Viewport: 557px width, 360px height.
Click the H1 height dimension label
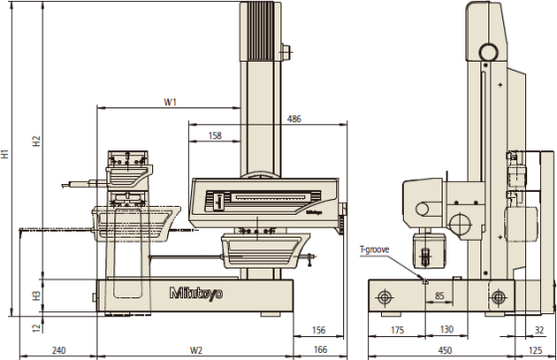[x=5, y=154]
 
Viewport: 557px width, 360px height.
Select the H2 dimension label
[x=37, y=141]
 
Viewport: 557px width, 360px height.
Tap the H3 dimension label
[x=37, y=295]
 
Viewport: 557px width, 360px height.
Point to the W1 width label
[x=170, y=102]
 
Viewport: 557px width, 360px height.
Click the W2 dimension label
[x=196, y=350]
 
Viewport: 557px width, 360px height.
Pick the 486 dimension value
[x=294, y=119]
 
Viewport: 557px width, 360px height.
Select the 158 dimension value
[x=215, y=135]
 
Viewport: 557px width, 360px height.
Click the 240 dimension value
[x=59, y=350]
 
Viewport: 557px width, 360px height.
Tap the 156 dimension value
[x=318, y=330]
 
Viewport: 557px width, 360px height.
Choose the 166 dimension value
[x=320, y=350]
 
